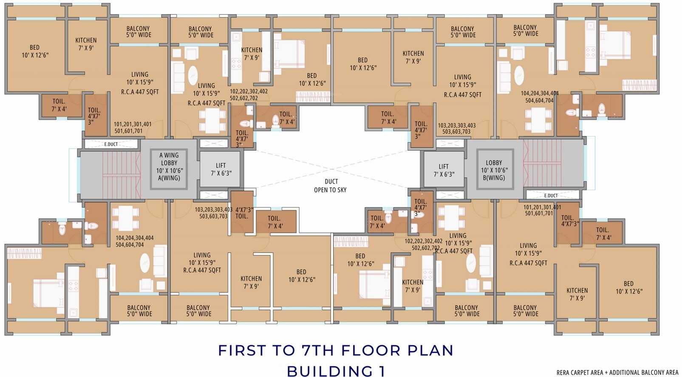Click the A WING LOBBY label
pyautogui.click(x=169, y=159)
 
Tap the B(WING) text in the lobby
pyautogui.click(x=494, y=178)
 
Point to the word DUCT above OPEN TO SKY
pyautogui.click(x=331, y=182)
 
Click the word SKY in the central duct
pyautogui.click(x=342, y=190)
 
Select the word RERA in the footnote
pyautogui.click(x=563, y=372)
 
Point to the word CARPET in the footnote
pyautogui.click(x=580, y=372)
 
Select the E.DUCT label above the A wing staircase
pyautogui.click(x=111, y=144)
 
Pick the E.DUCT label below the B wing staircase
pyautogui.click(x=551, y=195)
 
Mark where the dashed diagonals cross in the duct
pyautogui.click(x=332, y=169)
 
